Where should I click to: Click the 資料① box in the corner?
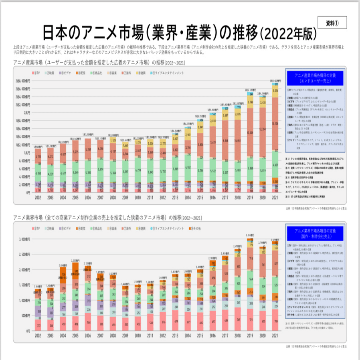[x=332, y=23]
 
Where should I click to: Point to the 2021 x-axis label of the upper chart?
[x=275, y=198]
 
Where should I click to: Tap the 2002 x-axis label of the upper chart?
[x=38, y=198]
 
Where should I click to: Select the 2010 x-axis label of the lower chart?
[x=138, y=336]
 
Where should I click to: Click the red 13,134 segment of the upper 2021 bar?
[x=275, y=124]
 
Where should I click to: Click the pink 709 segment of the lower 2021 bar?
[x=275, y=321]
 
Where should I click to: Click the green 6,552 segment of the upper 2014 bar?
[x=187, y=167]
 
